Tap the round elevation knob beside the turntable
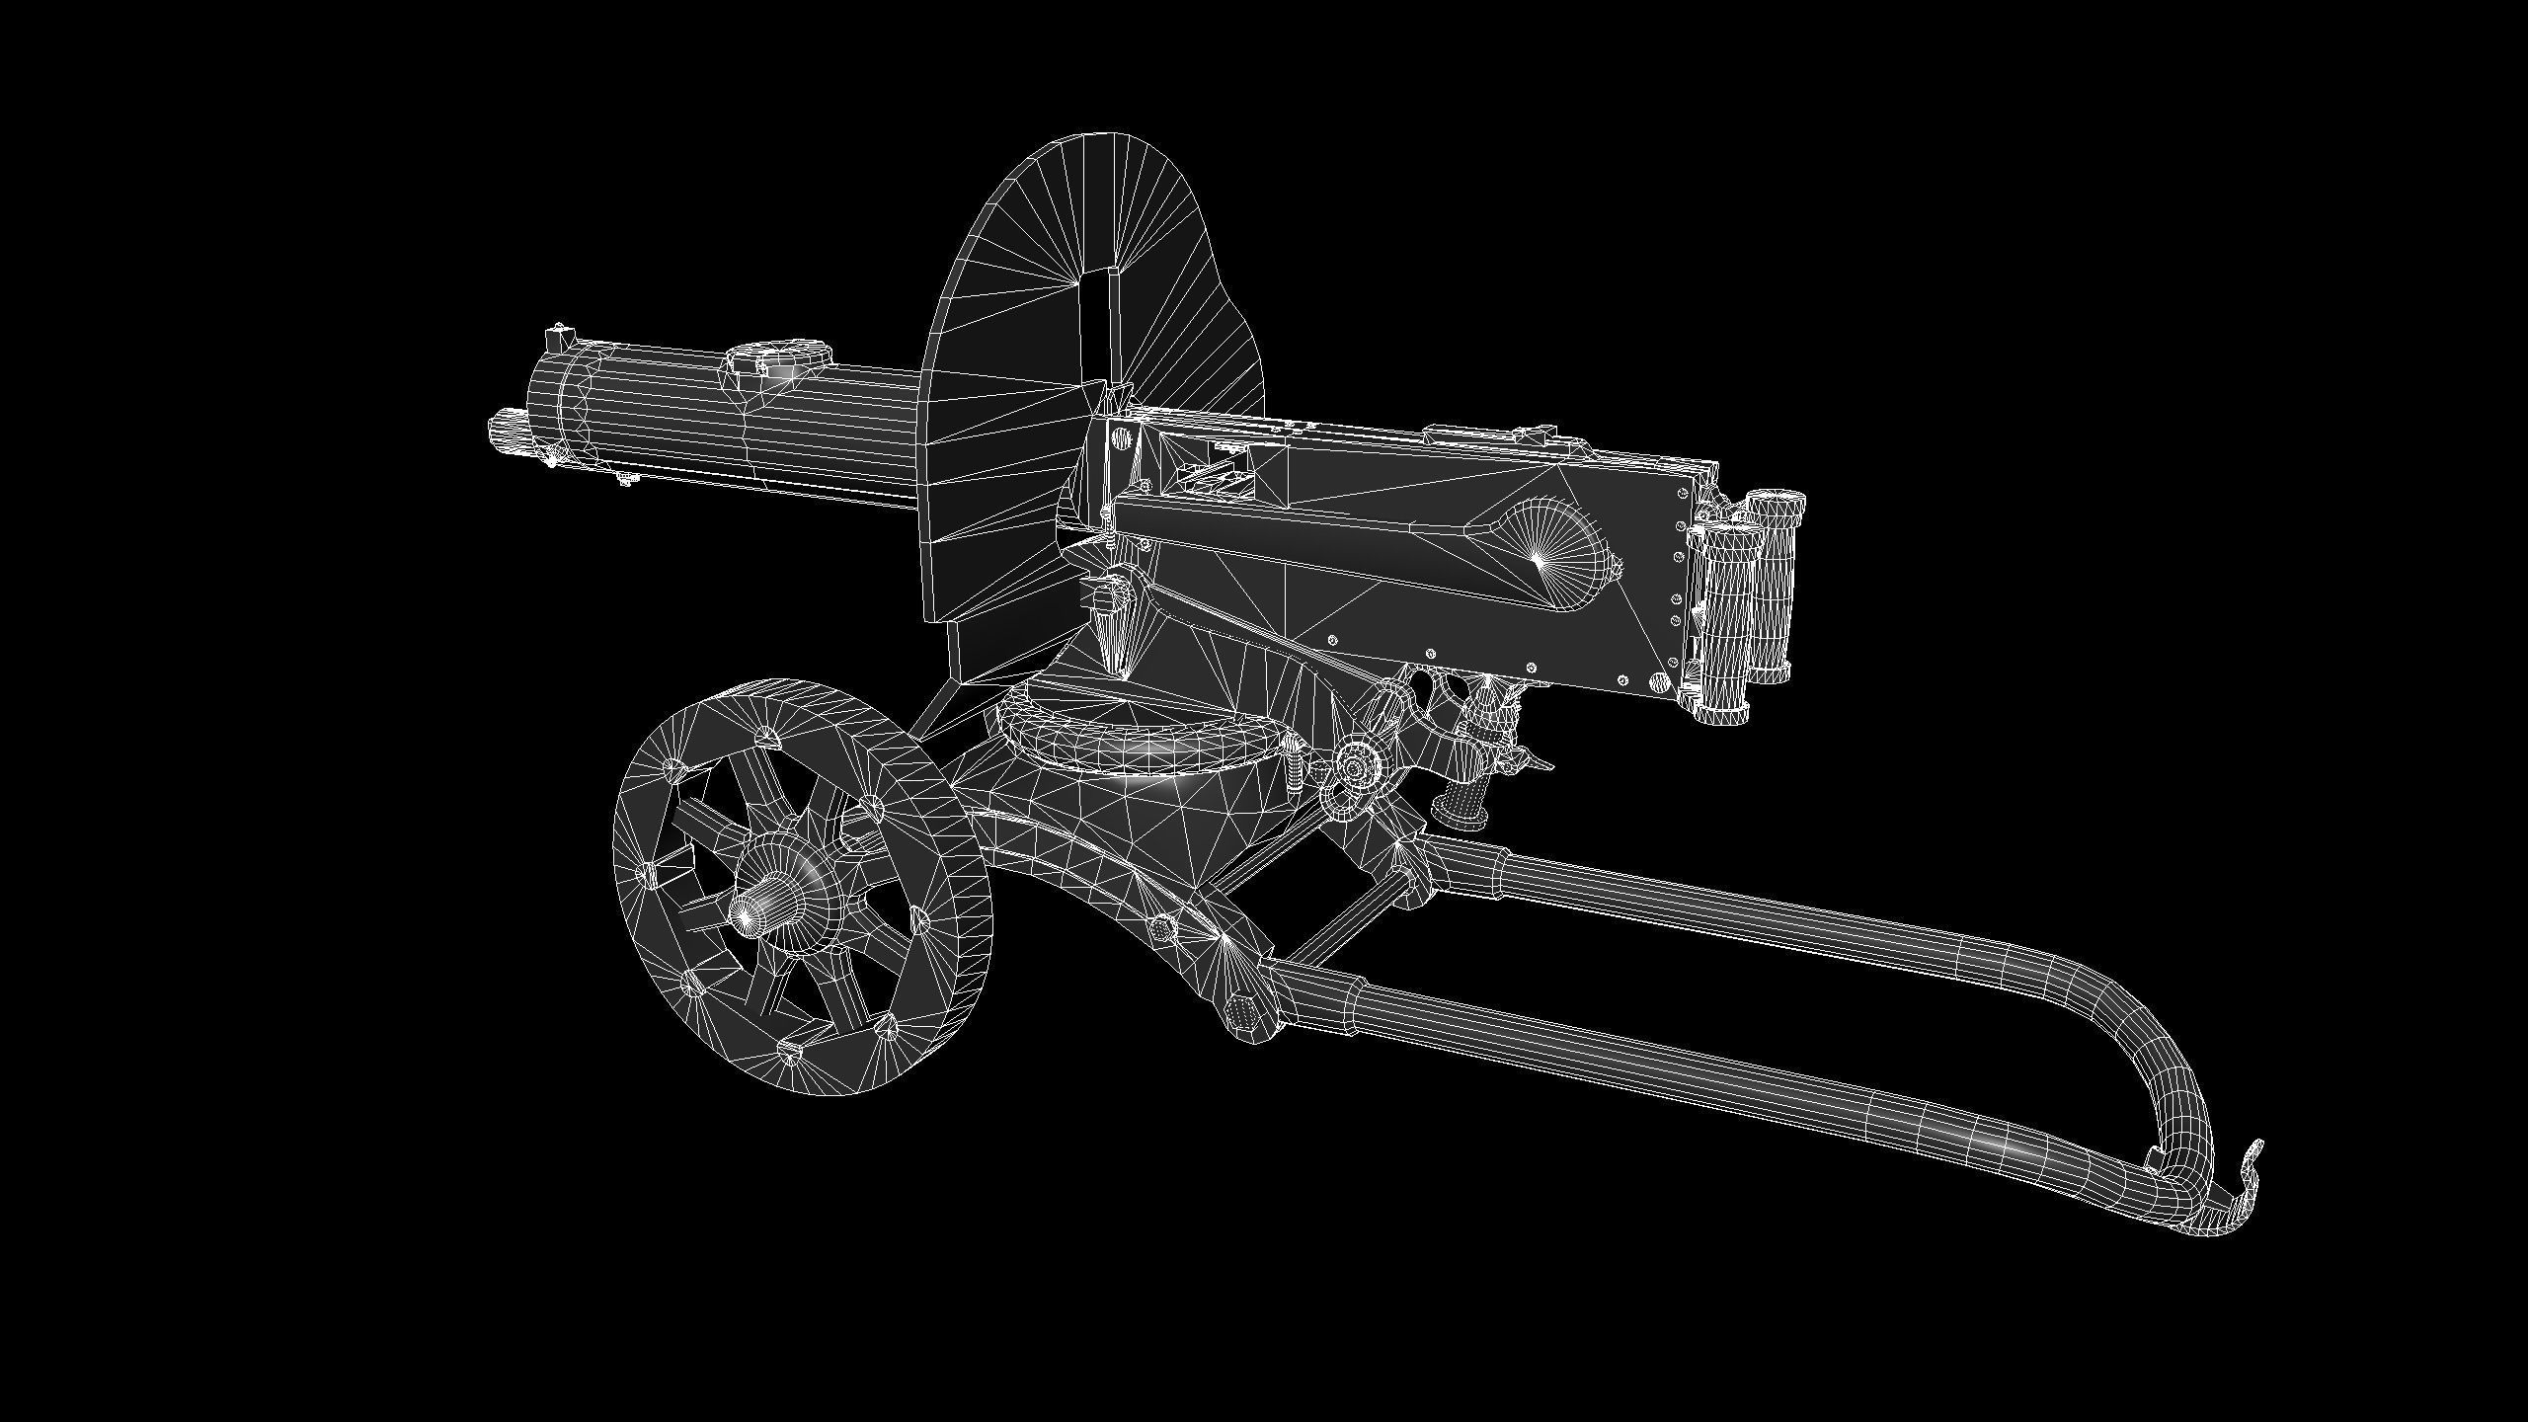1357,765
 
